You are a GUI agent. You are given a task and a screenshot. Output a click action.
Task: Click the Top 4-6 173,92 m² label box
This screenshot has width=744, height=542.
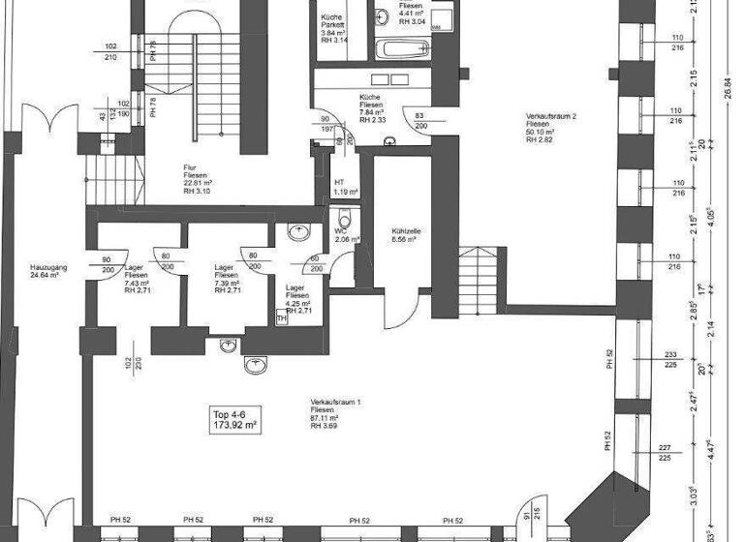(234, 418)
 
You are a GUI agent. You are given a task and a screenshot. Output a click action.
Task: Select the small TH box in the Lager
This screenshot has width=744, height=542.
(282, 316)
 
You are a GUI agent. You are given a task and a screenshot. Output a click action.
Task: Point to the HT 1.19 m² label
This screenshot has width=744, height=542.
(340, 186)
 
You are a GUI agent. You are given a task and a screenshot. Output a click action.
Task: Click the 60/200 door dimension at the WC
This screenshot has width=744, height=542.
(315, 262)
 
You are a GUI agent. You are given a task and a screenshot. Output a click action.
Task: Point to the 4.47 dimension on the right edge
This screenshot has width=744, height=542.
(711, 446)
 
